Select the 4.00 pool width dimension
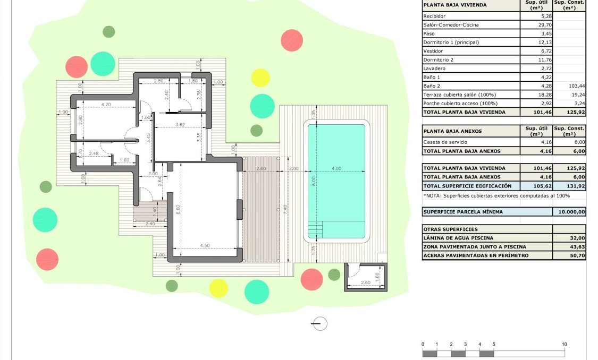[x=336, y=169]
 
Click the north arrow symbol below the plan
[x=319, y=323]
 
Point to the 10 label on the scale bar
[x=565, y=344]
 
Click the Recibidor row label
[x=434, y=16]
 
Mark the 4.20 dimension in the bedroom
[x=105, y=105]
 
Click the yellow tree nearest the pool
[x=260, y=78]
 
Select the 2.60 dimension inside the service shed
[x=365, y=283]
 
